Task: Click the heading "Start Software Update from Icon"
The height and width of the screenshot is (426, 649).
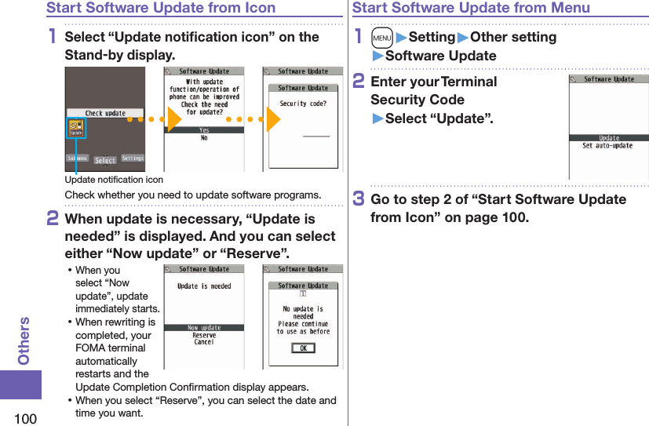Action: point(161,8)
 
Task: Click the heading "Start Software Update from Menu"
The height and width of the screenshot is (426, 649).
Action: point(471,8)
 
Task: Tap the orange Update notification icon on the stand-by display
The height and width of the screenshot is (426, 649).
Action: point(76,129)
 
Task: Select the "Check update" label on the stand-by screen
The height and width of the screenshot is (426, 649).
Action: point(104,113)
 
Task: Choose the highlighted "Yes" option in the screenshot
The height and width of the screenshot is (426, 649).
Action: point(204,130)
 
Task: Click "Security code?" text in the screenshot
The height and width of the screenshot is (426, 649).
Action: point(303,104)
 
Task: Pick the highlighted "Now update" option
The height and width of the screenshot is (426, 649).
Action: point(204,328)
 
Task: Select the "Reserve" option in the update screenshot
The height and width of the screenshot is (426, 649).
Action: point(204,335)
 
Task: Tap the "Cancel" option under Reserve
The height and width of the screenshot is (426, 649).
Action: point(204,342)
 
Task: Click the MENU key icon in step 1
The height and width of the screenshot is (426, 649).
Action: point(381,37)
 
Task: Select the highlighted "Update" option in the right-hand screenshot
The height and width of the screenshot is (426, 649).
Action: point(609,138)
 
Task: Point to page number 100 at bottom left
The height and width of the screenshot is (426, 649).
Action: point(25,418)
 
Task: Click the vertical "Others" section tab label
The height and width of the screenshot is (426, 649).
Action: point(24,341)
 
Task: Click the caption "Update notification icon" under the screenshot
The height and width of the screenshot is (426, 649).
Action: point(114,180)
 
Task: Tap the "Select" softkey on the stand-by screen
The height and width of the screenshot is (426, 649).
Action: point(105,160)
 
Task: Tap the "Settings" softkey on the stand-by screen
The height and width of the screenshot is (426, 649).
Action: point(133,158)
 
